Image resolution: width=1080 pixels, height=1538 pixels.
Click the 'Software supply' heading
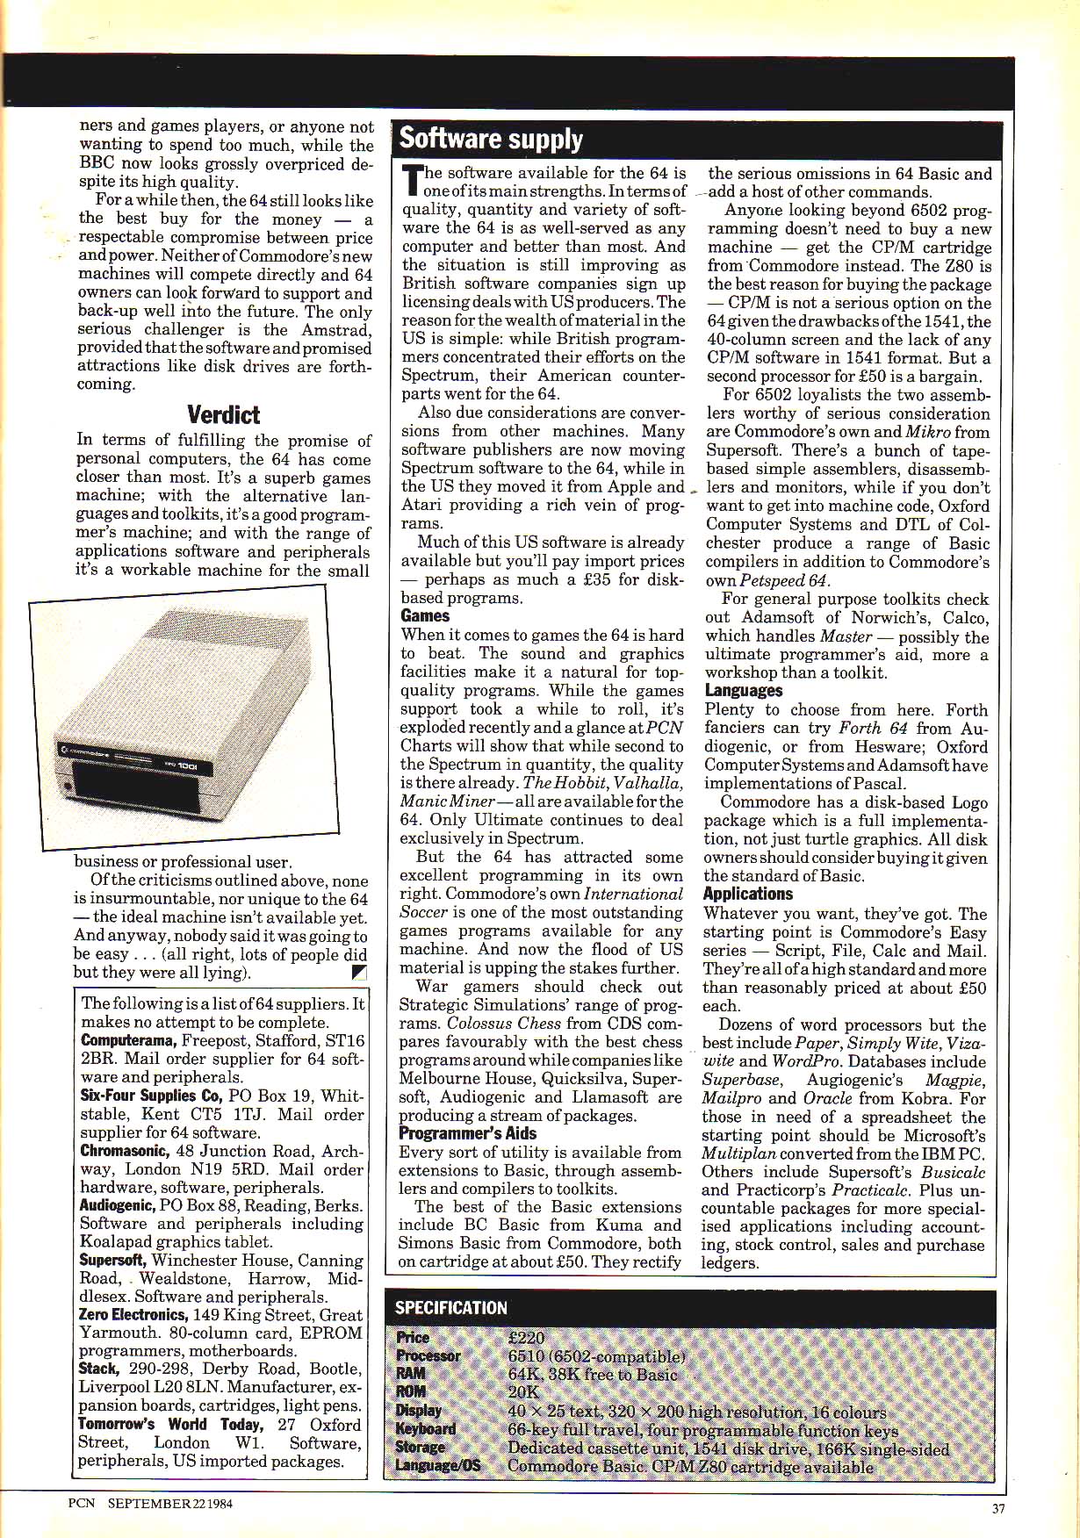pos(490,139)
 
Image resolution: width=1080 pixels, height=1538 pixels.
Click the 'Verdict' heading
pos(223,414)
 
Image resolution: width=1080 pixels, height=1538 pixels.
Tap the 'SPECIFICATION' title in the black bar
pos(450,1307)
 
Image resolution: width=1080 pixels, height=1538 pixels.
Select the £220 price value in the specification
pos(526,1338)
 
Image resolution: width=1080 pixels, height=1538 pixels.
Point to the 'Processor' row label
pos(428,1355)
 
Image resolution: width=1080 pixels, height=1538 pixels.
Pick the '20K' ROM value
pos(523,1391)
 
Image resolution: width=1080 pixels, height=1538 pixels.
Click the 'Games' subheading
pos(425,616)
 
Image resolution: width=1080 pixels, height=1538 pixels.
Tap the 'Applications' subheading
pos(747,894)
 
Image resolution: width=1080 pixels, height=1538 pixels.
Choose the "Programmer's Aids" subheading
pos(467,1133)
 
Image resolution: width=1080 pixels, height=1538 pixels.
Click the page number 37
pos(997,1509)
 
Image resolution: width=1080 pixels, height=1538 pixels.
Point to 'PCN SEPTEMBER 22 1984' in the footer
pos(150,1502)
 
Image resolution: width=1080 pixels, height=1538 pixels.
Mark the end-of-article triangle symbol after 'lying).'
pos(358,972)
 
